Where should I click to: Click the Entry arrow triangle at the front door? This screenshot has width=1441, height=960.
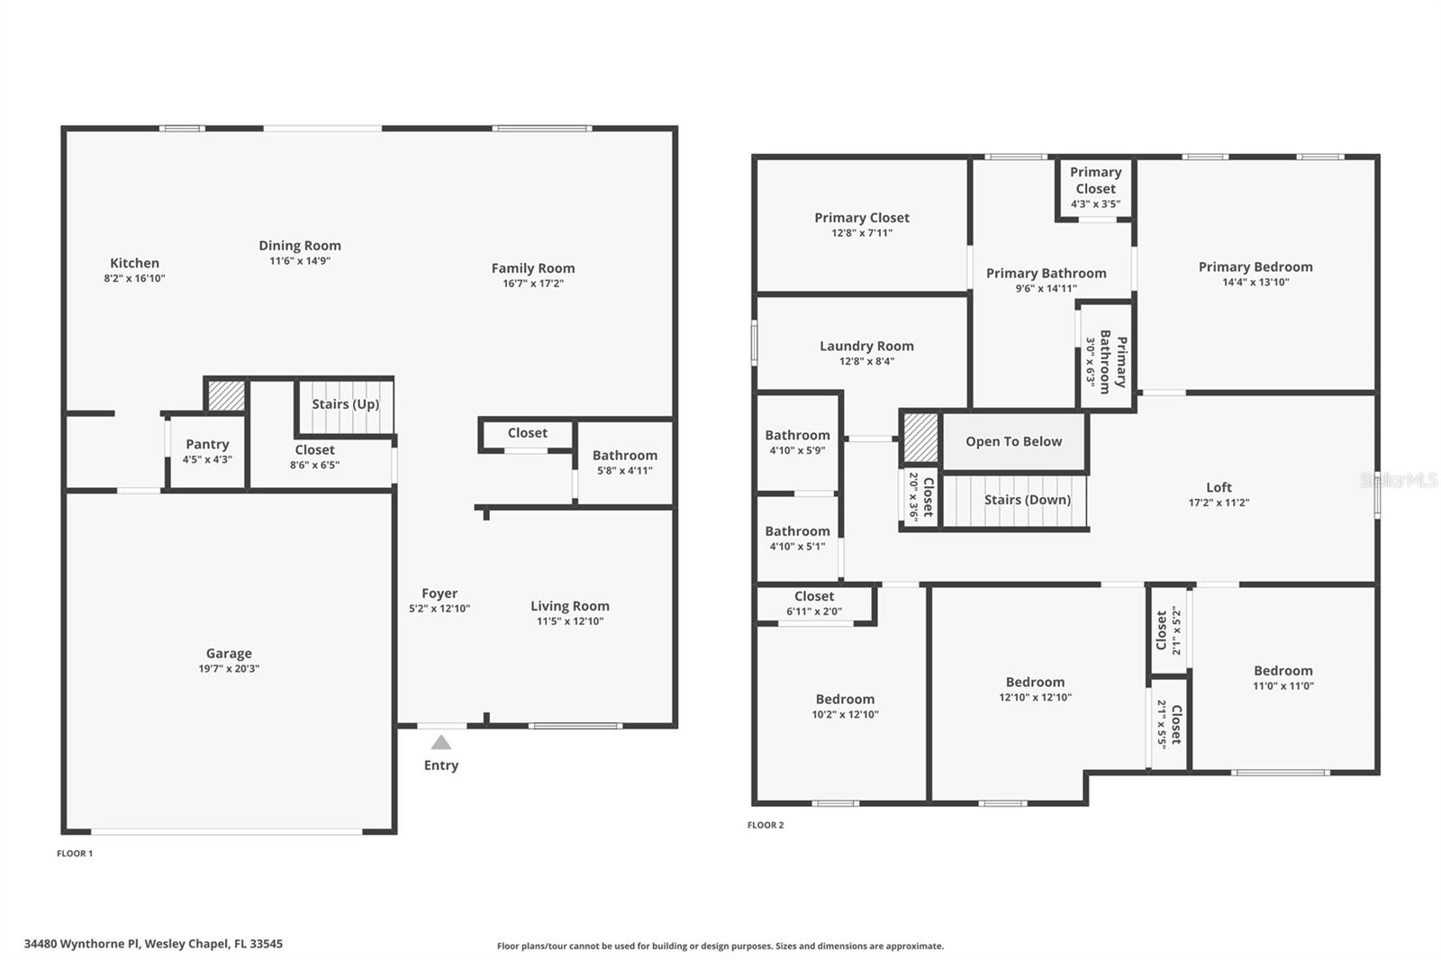tap(440, 743)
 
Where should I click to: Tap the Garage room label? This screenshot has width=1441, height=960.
tap(229, 653)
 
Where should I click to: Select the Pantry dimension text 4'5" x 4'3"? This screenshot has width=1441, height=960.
tap(207, 459)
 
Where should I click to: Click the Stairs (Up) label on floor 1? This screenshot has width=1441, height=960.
tap(346, 404)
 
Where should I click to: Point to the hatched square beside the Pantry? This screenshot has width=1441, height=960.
tap(226, 395)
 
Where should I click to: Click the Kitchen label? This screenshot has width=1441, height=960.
tap(134, 263)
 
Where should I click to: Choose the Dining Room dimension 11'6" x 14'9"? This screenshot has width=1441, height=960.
tap(300, 260)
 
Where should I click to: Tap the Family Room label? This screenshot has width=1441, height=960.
tap(533, 268)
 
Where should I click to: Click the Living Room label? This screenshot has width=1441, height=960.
tap(570, 606)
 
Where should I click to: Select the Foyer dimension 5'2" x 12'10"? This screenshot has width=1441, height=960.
tap(440, 609)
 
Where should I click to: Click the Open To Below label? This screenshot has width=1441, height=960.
tap(1014, 441)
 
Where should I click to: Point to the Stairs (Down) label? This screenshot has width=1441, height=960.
tap(1028, 500)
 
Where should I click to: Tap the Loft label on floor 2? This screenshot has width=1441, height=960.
tap(1219, 487)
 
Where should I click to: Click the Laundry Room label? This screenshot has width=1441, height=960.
tap(866, 346)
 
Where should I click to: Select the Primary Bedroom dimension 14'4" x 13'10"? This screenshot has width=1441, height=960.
tap(1255, 282)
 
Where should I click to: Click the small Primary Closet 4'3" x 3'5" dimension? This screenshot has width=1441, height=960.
tap(1095, 204)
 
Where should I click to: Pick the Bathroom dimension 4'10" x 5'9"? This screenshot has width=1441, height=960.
tap(798, 450)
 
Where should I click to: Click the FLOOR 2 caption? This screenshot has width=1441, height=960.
tap(766, 825)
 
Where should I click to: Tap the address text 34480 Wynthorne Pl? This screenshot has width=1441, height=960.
tap(82, 944)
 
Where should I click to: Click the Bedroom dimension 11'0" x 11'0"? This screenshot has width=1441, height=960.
tap(1283, 686)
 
